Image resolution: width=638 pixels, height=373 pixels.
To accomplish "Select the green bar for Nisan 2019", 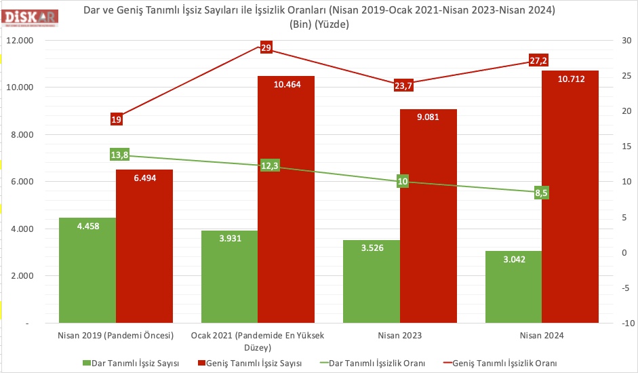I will tap(87, 271).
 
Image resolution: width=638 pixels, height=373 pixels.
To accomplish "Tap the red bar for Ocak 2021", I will tap(286, 203).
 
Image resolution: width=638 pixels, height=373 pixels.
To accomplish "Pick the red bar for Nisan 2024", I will tap(570, 203).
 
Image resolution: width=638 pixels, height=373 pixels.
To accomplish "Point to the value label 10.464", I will tap(286, 85).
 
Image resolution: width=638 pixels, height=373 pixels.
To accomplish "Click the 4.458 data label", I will tap(87, 226).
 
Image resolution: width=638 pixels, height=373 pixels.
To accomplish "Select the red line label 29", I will tap(266, 47).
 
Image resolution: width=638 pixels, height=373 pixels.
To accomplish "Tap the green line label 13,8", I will tap(119, 155).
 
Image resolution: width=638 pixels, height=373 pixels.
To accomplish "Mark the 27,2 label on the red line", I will tap(539, 61).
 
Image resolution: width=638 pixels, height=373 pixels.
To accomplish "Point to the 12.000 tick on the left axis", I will tap(20, 40).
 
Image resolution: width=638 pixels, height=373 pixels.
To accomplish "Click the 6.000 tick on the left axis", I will tap(22, 182).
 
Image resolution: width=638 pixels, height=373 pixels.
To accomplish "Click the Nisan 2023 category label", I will tap(399, 336).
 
